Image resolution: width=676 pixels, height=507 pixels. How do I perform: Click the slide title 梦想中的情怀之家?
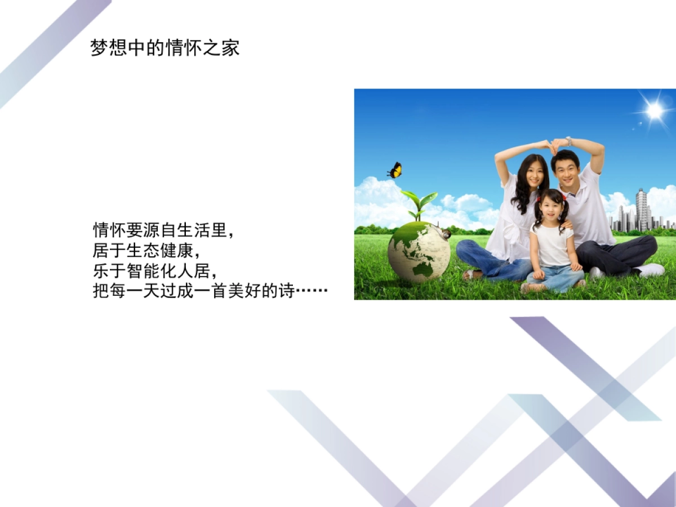coord(165,48)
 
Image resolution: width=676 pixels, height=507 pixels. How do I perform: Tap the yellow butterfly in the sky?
coord(395,170)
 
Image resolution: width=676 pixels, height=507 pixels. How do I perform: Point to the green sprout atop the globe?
coord(419,204)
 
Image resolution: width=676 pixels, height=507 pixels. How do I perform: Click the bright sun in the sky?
coord(655,111)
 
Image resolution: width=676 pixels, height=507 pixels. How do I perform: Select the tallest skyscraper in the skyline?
coord(641,210)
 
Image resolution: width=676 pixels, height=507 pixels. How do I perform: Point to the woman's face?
coord(533,175)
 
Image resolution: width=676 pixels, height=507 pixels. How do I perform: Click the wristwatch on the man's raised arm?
coord(569,141)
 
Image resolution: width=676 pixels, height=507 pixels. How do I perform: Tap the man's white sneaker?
coord(651,270)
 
